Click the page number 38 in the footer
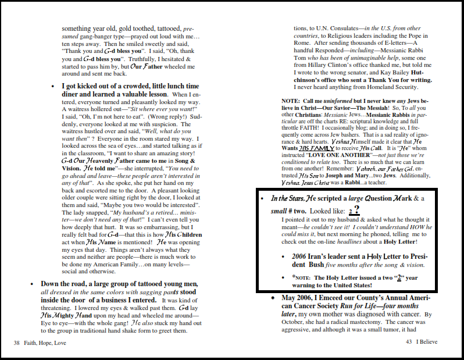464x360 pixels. click(17, 343)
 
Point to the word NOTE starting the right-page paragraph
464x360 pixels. click(290, 101)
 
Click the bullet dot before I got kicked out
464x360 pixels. click(53, 86)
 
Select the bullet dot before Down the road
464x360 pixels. click(33, 283)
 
